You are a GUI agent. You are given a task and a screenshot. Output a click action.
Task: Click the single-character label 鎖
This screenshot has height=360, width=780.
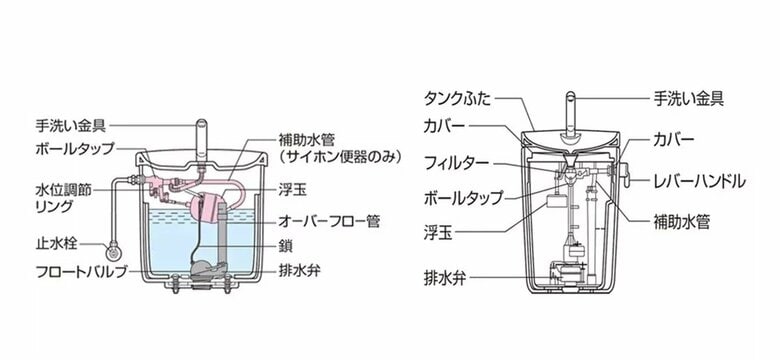click(x=288, y=244)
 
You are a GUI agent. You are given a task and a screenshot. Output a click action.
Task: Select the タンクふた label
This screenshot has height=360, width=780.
click(x=456, y=98)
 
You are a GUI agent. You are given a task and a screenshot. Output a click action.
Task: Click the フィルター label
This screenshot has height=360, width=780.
click(x=457, y=162)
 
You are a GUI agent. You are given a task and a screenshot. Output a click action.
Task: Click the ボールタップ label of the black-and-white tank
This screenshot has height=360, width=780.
click(x=463, y=197)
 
